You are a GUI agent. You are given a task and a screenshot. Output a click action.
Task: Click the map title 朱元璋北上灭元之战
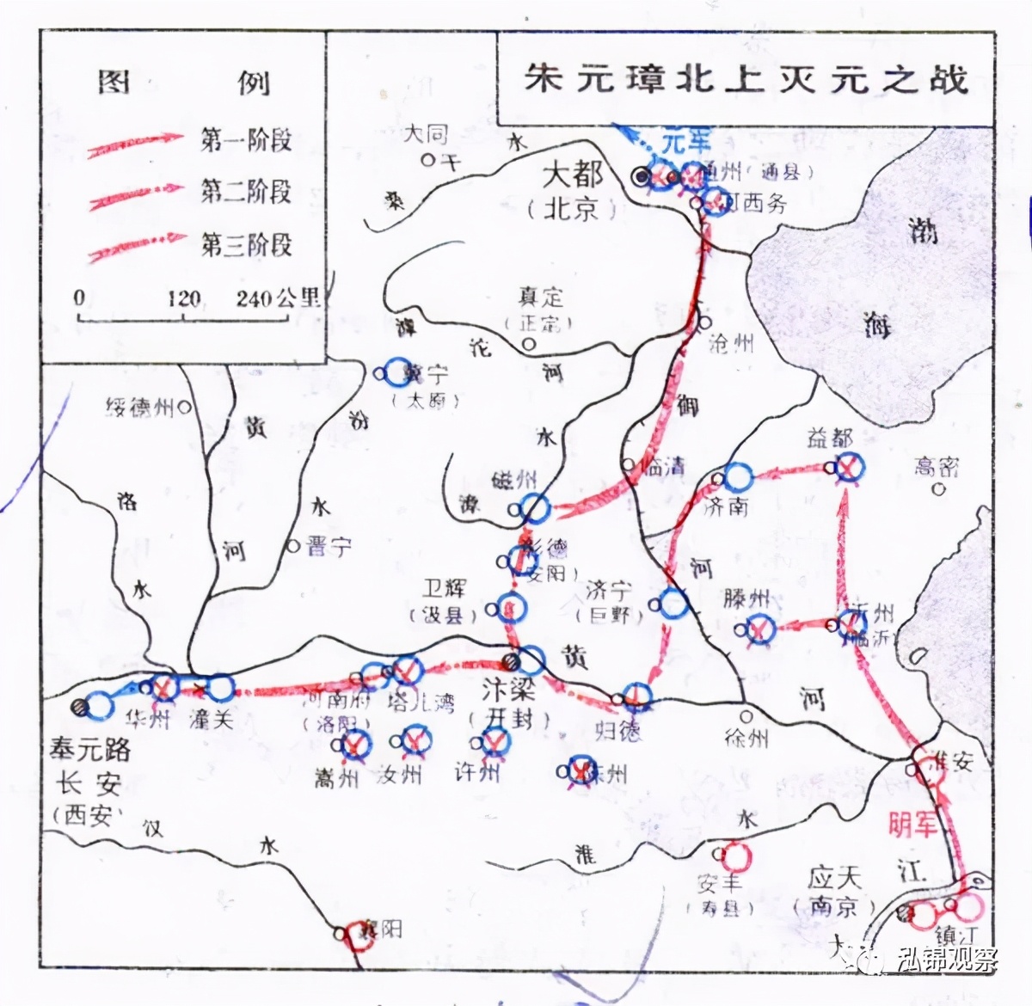pos(746,79)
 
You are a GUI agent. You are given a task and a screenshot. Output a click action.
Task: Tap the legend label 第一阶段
pos(246,139)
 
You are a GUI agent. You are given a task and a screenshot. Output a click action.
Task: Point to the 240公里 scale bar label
pos(278,298)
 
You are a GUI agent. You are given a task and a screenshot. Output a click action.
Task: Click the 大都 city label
pos(572,175)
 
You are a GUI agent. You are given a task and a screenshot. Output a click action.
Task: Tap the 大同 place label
pos(426,135)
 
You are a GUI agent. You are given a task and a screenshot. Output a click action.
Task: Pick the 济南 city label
pos(726,506)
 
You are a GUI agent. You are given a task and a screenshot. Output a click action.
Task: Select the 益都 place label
pos(829,439)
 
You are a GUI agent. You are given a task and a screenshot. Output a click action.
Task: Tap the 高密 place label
pos(936,467)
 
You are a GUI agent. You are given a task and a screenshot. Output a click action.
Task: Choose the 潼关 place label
pos(211,718)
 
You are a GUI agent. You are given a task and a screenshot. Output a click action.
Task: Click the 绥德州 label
pos(139,408)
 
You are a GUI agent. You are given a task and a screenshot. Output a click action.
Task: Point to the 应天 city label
pos(834,879)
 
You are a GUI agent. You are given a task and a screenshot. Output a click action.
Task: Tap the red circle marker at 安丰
pos(736,856)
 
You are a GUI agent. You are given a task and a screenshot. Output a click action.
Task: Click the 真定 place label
pos(540,298)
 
